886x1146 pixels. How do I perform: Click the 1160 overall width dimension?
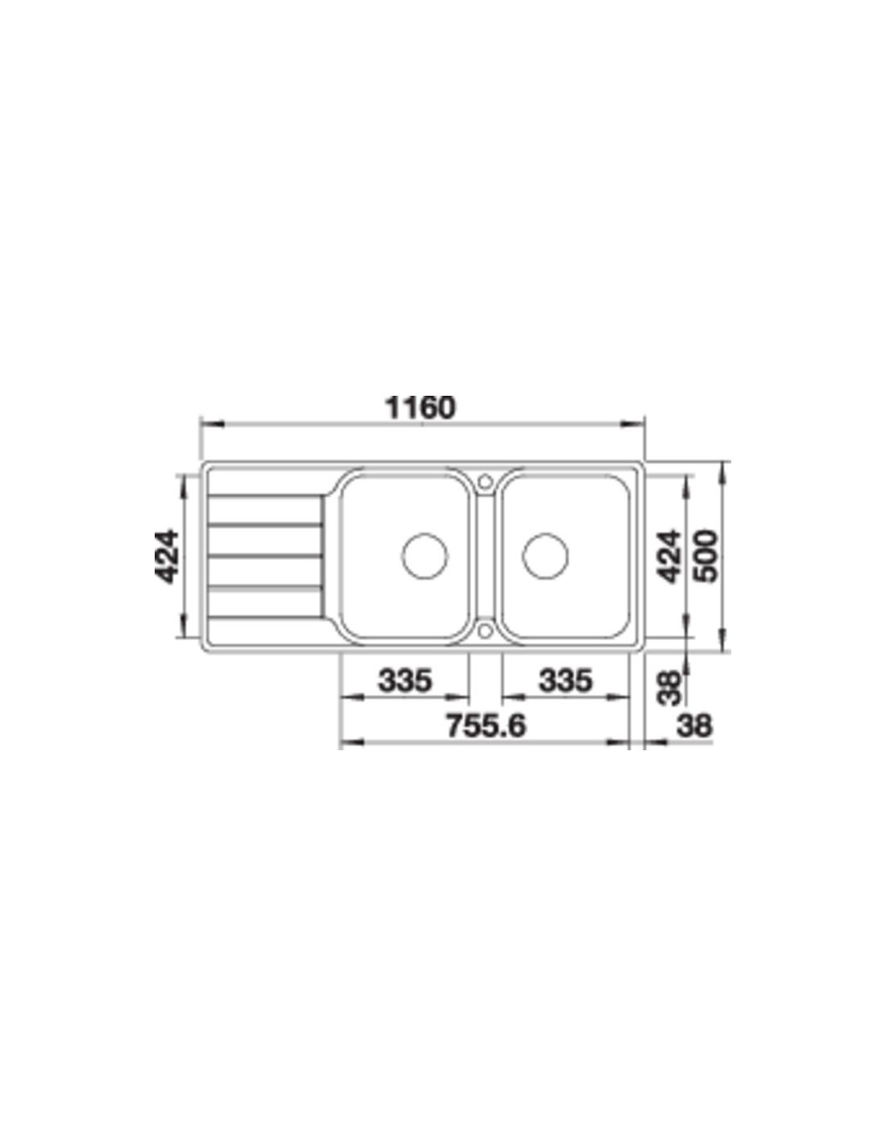pyautogui.click(x=420, y=407)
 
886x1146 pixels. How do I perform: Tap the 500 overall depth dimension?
pyautogui.click(x=706, y=556)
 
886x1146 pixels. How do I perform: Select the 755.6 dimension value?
pyautogui.click(x=486, y=725)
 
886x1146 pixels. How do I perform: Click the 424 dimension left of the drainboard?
pyautogui.click(x=167, y=557)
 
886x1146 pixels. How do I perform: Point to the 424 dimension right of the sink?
pyautogui.click(x=670, y=557)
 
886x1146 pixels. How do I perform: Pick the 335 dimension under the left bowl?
pyautogui.click(x=405, y=680)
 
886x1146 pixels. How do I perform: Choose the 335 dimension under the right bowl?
pyautogui.click(x=565, y=680)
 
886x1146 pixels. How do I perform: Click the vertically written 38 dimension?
pyautogui.click(x=670, y=687)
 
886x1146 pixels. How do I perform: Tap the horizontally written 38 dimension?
pyautogui.click(x=694, y=725)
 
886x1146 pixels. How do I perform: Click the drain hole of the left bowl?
pyautogui.click(x=424, y=556)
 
